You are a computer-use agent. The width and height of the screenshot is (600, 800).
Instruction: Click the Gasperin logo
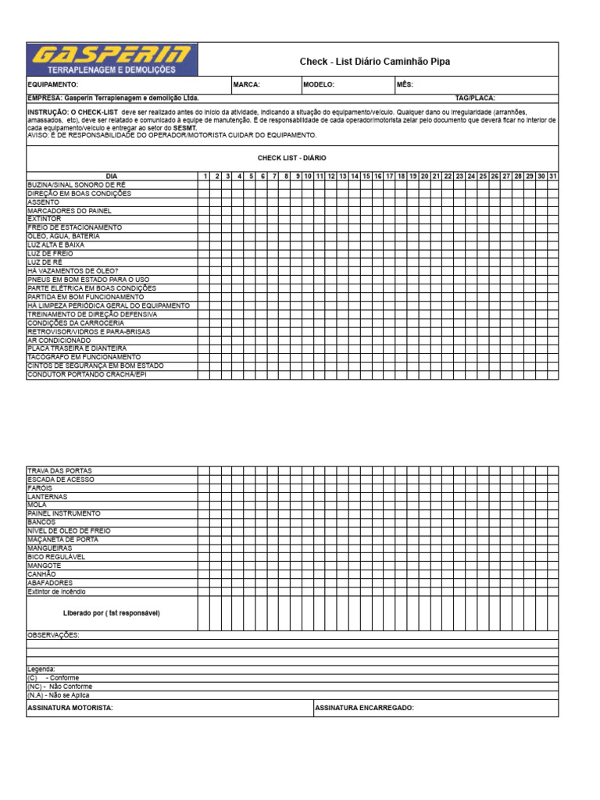(112, 59)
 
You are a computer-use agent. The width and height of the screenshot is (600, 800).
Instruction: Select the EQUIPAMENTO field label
(53, 85)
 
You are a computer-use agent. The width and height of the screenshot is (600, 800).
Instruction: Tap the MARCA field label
(246, 85)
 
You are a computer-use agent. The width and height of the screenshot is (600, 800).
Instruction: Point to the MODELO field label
(318, 85)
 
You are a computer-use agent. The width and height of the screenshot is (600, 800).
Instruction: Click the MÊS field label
(404, 85)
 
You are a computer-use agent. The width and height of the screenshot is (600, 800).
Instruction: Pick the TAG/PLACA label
(475, 98)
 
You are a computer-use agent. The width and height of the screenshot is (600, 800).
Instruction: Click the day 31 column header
(552, 177)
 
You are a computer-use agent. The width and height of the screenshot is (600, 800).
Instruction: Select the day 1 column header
(205, 177)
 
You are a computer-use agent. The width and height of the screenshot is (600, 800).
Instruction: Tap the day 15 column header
(366, 177)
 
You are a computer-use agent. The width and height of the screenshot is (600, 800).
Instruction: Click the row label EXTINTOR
(44, 220)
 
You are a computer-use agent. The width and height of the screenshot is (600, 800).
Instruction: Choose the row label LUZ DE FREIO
(50, 254)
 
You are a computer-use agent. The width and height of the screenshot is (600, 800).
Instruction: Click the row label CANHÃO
(41, 574)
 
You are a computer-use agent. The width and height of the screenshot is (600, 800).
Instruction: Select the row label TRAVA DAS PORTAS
(59, 471)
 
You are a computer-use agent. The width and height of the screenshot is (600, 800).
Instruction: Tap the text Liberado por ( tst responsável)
(112, 613)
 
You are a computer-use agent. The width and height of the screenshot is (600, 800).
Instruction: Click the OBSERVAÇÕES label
(53, 635)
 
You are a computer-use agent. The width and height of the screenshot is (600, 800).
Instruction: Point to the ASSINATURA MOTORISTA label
(70, 708)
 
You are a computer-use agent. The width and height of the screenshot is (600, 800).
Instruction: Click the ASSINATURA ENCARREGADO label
(364, 708)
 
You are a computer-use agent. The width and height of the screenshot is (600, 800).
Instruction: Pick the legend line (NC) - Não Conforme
(59, 687)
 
